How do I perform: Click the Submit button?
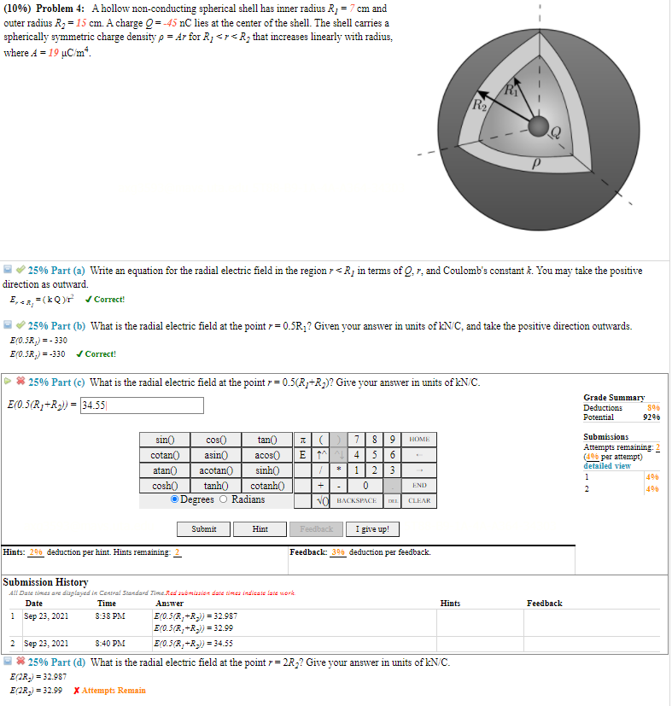tap(203, 529)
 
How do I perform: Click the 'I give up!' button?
tap(372, 529)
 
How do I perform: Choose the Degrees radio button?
tap(175, 499)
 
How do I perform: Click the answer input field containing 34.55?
tap(141, 406)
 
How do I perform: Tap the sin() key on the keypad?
tap(165, 440)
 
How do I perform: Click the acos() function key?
tap(263, 455)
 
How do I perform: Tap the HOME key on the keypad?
tap(419, 440)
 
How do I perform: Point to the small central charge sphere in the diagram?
tap(538, 126)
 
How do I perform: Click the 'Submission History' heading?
tap(46, 582)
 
